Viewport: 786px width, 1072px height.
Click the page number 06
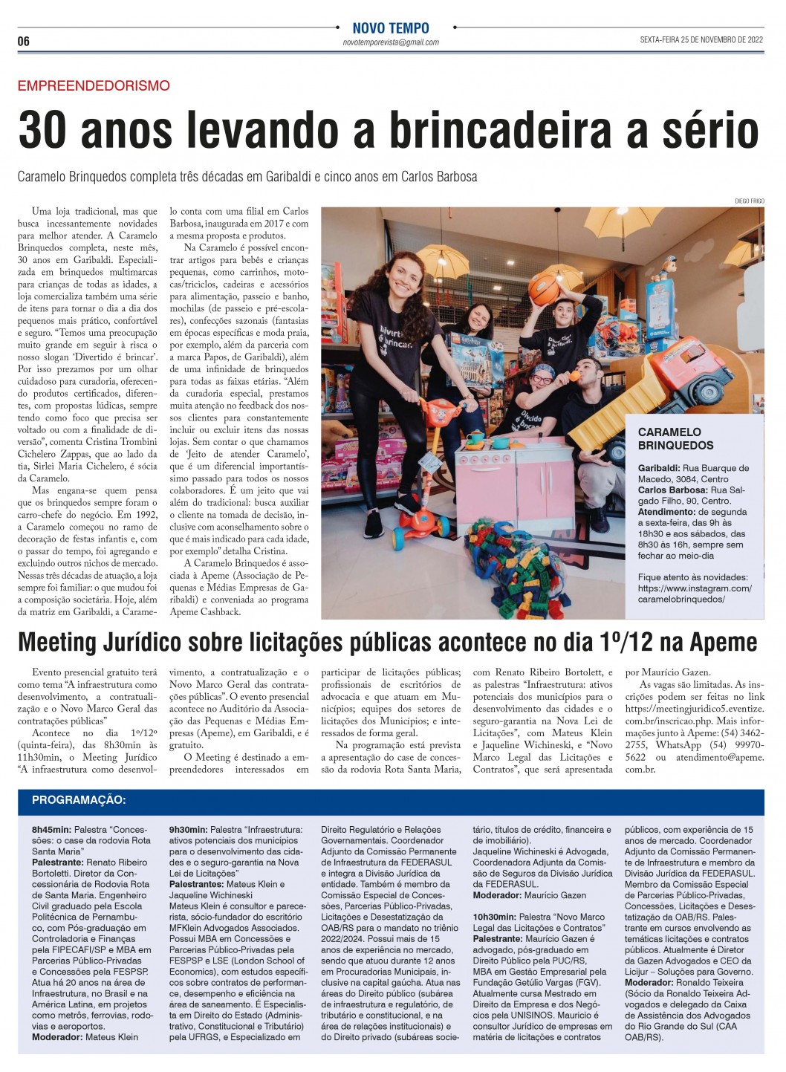pos(24,42)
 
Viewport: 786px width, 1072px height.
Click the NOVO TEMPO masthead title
pos(391,28)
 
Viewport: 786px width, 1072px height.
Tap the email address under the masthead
pos(391,43)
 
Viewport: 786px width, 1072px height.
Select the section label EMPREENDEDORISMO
pos(94,86)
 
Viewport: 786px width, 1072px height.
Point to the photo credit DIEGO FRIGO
pos(749,201)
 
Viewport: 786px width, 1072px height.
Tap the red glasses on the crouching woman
pos(541,379)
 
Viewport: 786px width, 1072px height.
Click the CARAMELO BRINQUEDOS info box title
pos(675,438)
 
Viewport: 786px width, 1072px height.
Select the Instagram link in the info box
pos(694,594)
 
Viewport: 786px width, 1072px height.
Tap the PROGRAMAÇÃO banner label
pos(79,800)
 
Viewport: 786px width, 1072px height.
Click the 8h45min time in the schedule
pos(51,829)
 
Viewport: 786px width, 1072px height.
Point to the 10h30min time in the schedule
pos(494,917)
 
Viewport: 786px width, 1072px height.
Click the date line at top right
pos(701,41)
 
